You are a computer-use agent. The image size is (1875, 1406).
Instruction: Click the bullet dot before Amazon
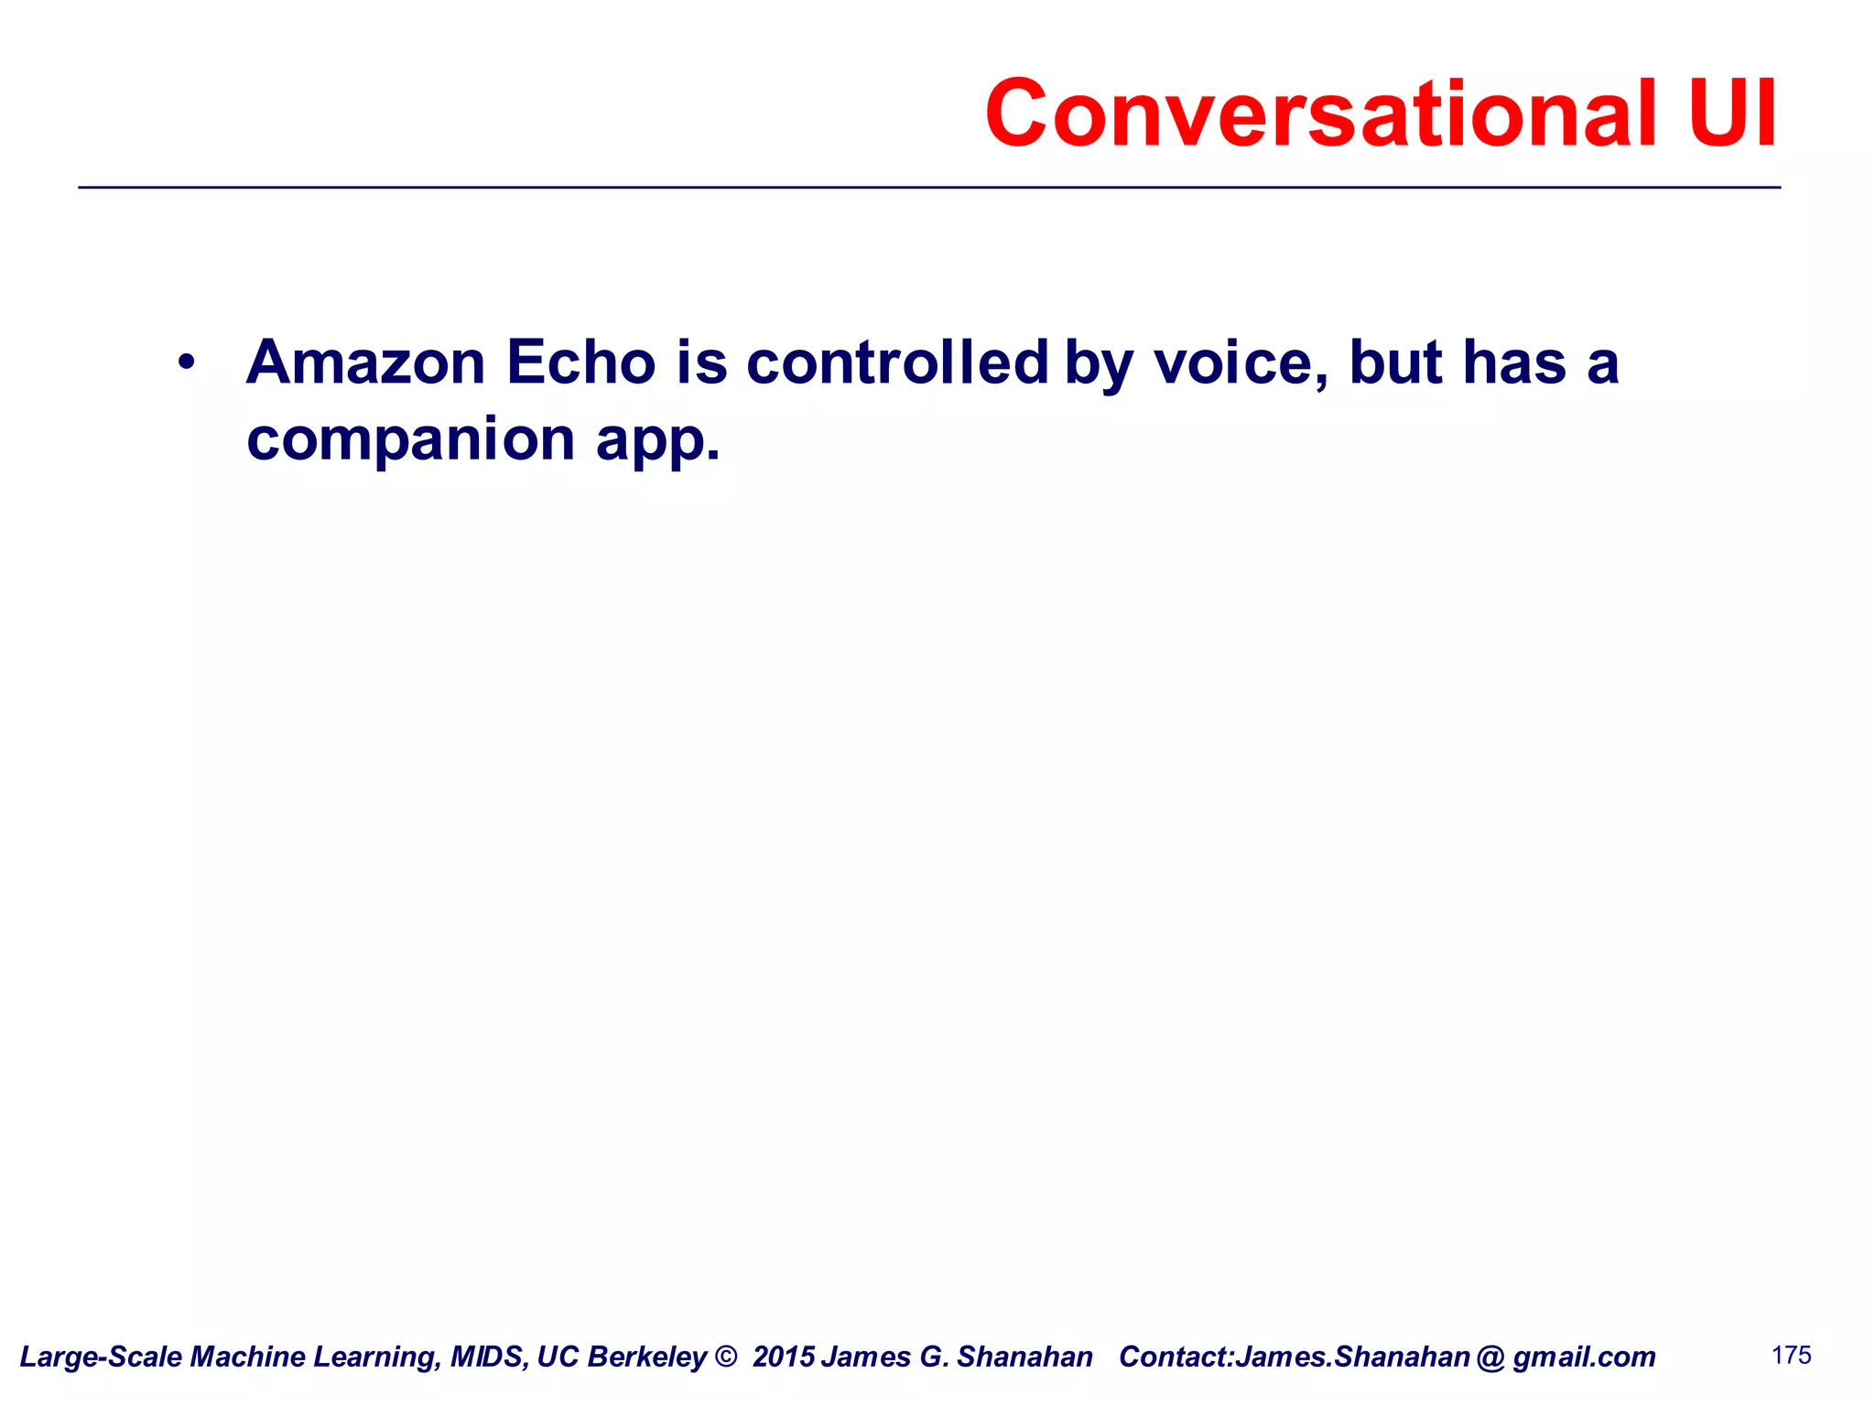(x=187, y=362)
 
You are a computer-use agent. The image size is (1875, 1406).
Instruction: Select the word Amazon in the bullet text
(x=365, y=362)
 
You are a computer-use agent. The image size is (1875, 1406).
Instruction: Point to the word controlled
(x=897, y=362)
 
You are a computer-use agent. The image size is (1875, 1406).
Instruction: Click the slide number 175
(x=1791, y=1355)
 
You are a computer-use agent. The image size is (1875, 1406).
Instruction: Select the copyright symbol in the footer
(x=725, y=1357)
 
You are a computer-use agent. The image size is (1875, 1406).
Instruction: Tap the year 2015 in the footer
(x=783, y=1357)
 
